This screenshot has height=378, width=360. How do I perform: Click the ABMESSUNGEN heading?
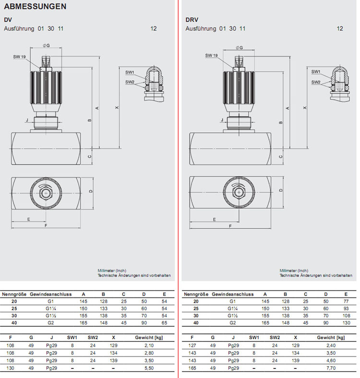coord(35,7)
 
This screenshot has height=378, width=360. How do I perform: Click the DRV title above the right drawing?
coord(192,20)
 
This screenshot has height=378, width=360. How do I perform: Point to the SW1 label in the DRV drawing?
coord(315,71)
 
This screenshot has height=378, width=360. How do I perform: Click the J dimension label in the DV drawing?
coord(27,120)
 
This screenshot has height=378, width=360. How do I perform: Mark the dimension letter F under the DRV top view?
coord(230,225)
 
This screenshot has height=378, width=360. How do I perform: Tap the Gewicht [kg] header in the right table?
coord(330,338)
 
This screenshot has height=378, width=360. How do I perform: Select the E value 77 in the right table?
coord(346,301)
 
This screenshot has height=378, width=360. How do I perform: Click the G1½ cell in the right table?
coord(232,316)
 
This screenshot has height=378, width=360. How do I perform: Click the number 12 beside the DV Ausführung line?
coord(154,29)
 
